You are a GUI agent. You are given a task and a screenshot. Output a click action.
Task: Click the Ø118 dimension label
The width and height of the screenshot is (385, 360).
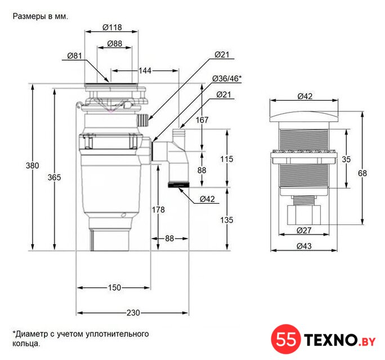(112, 27)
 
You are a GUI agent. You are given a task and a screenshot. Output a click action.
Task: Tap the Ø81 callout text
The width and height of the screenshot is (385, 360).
(74, 56)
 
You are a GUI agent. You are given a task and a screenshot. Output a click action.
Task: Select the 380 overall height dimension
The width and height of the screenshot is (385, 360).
(33, 165)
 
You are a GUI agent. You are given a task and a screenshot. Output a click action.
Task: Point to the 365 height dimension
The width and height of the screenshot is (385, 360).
(54, 177)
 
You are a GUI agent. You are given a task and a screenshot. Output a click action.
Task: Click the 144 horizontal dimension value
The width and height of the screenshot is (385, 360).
(145, 71)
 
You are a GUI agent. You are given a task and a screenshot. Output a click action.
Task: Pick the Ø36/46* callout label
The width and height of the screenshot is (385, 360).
(227, 79)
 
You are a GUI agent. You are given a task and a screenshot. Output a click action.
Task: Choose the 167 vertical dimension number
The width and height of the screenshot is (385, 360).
(202, 120)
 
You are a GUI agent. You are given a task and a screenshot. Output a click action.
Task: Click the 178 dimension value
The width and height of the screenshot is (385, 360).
(158, 210)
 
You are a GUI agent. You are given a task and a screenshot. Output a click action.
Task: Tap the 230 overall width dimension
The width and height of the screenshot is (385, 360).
(133, 313)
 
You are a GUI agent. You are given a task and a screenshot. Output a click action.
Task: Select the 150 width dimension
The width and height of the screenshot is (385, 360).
(114, 287)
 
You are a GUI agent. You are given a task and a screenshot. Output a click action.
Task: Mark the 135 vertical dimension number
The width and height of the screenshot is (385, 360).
(226, 220)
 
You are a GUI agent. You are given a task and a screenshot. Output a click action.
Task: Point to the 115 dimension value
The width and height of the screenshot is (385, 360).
(226, 159)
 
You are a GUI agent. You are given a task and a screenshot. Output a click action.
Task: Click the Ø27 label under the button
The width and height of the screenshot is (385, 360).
(304, 231)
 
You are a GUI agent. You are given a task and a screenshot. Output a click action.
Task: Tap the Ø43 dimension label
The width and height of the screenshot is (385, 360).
(304, 246)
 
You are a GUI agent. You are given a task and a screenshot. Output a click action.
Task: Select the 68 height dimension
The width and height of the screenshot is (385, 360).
(362, 173)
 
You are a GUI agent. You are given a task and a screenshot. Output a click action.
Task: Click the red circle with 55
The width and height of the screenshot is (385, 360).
(286, 339)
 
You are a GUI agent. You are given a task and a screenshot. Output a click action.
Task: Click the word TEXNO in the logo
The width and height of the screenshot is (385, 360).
(330, 340)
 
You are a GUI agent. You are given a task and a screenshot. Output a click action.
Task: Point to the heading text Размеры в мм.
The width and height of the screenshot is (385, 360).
(41, 16)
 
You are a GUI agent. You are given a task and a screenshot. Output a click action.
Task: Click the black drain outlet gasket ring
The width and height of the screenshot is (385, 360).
(178, 185)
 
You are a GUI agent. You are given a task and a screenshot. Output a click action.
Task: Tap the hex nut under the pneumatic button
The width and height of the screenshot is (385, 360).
(304, 215)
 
